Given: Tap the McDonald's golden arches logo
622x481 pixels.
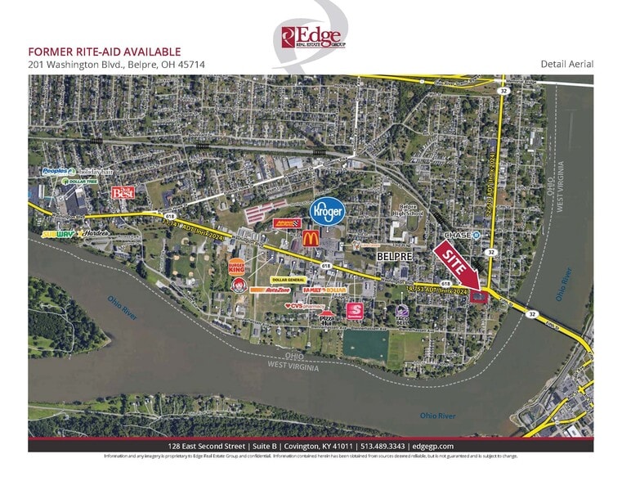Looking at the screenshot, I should (x=311, y=238).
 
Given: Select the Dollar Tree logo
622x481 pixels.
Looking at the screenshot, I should (x=73, y=182).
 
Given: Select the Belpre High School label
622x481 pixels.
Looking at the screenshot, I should (x=405, y=211).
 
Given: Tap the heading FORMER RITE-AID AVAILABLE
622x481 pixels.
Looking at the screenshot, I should (x=105, y=52).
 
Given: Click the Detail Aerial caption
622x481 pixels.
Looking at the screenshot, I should (x=566, y=64).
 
